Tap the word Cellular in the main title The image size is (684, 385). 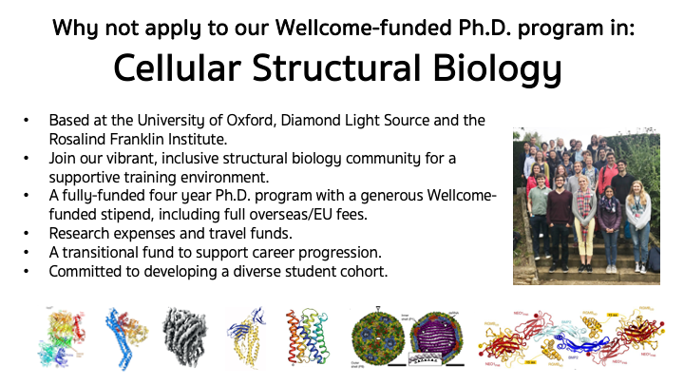click(x=174, y=69)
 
